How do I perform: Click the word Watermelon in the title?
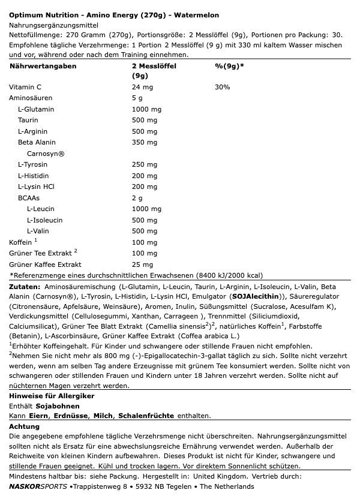(x=198, y=15)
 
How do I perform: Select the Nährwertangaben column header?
(x=43, y=66)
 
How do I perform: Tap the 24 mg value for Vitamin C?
(x=142, y=88)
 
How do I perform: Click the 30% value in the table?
(x=222, y=88)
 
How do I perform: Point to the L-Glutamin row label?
(x=36, y=109)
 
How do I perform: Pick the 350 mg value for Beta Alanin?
(x=144, y=142)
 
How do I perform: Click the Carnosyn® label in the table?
(x=46, y=154)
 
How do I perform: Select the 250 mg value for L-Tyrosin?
(x=144, y=164)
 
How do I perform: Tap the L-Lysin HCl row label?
(x=36, y=187)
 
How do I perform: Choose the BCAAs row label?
(x=29, y=198)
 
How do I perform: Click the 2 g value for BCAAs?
(x=137, y=198)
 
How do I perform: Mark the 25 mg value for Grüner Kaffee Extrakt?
(x=142, y=264)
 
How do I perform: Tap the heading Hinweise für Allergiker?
(x=52, y=396)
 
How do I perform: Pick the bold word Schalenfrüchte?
(x=146, y=416)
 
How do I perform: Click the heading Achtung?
(x=24, y=426)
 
